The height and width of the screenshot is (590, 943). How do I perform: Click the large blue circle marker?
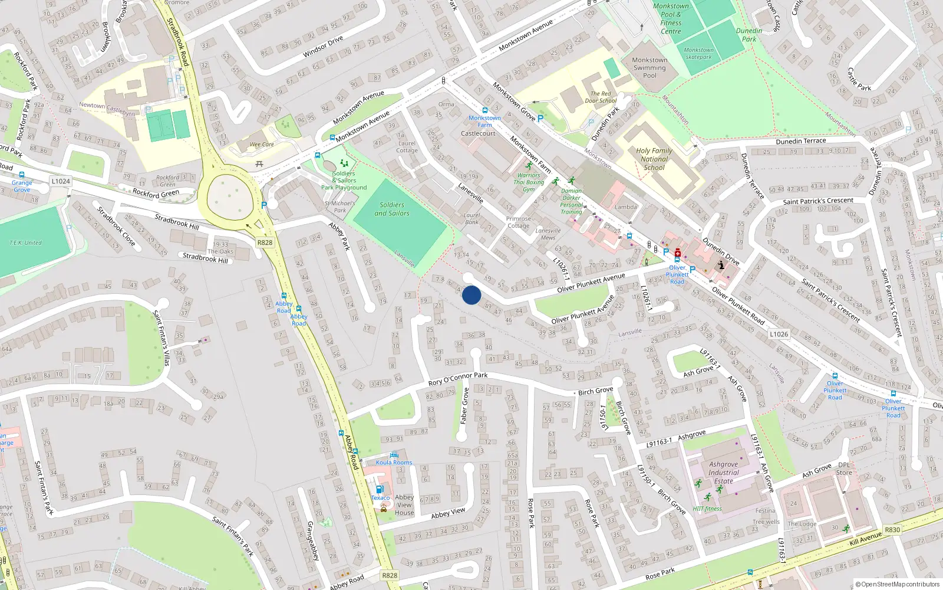pos(471,295)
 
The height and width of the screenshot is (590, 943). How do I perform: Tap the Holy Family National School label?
pos(654,159)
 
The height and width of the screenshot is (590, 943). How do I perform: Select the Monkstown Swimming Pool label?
pos(649,68)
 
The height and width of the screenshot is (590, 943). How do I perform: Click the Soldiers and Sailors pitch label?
pos(392,209)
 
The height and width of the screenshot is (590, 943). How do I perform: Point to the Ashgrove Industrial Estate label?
pos(723,473)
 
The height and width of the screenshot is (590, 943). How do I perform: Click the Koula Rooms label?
pos(394,463)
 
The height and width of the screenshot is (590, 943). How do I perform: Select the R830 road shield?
pos(892,529)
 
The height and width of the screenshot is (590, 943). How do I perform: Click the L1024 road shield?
pos(61,181)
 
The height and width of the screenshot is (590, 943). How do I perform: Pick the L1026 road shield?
pos(779,334)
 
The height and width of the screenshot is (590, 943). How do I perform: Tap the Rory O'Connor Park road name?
pos(458,379)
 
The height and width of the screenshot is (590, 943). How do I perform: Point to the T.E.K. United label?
pos(25,242)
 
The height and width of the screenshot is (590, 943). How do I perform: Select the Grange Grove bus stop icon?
pos(22,175)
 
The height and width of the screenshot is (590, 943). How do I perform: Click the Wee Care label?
pos(262,144)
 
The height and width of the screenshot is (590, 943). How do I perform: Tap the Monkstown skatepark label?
pos(698,54)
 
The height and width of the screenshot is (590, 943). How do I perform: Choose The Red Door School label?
pos(601,97)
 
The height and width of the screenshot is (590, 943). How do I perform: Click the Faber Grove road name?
pos(464,405)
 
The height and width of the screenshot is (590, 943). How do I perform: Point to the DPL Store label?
pos(844,468)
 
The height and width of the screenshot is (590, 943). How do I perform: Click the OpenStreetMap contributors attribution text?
pos(898,584)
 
